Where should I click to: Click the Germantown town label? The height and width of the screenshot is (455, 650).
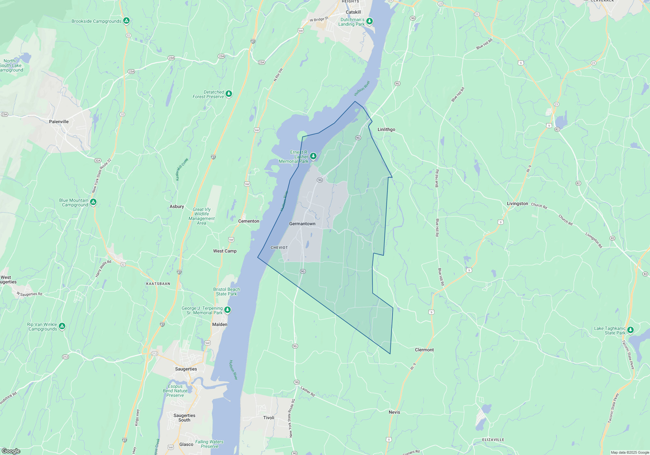point(302,224)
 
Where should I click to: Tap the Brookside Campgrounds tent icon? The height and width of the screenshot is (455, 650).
point(126,21)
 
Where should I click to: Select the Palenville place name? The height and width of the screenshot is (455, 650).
point(59,122)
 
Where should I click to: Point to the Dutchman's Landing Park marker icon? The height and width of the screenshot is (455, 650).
point(370,21)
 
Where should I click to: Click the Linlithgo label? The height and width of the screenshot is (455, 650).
point(386,129)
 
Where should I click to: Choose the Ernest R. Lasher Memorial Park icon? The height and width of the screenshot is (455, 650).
point(313,156)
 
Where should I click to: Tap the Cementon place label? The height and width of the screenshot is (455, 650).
point(249,221)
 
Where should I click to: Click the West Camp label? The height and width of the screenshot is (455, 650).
point(225,251)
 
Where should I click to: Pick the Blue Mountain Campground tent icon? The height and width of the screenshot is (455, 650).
point(93,202)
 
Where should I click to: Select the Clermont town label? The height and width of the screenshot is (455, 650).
point(424,350)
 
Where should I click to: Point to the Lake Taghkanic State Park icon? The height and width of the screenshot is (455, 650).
point(630,330)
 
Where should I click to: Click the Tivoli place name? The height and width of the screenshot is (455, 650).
point(269,418)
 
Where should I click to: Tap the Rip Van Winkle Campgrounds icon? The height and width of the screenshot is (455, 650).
point(62,326)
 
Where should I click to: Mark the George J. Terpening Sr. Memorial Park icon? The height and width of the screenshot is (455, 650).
point(227,310)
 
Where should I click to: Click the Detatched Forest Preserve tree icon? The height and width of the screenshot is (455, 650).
point(229,94)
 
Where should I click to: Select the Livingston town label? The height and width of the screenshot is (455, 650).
point(517,203)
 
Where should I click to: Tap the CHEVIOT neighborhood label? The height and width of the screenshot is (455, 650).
point(279,248)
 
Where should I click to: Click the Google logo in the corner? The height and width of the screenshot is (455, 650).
point(11,451)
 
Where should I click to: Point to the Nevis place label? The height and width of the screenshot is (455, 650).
point(394,412)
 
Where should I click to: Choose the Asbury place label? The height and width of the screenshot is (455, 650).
point(177,206)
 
